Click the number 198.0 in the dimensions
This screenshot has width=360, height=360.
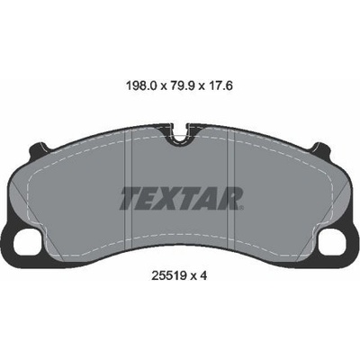pos(141,86)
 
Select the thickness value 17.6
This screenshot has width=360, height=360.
pos(220,86)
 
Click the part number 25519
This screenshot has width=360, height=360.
pos(168,275)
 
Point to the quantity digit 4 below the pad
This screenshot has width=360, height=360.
pos(203,275)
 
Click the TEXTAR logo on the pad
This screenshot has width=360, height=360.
pos(181,198)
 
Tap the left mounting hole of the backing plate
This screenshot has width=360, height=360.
pos(27,242)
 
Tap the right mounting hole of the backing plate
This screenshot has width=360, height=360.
pos(333,242)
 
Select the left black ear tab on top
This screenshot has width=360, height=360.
pos(39,148)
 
